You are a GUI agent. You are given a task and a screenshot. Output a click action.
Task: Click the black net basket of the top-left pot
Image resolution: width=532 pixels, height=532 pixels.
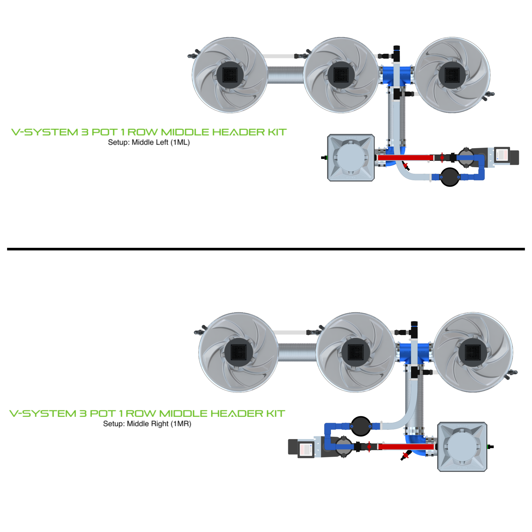(x=230, y=75)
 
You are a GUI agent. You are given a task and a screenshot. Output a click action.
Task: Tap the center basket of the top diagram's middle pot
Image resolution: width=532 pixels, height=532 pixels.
(x=341, y=75)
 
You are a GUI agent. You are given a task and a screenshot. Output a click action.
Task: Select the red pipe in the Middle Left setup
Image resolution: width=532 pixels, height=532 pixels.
(x=405, y=158)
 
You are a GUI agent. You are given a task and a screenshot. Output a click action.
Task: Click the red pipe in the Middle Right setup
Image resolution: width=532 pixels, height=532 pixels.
(x=406, y=447)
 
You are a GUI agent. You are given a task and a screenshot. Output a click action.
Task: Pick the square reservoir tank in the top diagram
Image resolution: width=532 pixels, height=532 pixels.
(x=350, y=158)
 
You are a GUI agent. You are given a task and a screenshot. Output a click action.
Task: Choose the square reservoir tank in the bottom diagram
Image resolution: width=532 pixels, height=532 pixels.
(x=462, y=447)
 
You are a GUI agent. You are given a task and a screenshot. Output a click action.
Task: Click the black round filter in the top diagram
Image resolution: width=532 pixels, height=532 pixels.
(x=450, y=177)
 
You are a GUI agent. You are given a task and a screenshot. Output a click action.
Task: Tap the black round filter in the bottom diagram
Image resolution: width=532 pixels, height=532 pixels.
(x=361, y=426)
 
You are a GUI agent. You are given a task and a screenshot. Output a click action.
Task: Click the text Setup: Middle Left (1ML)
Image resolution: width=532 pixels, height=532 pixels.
(x=149, y=142)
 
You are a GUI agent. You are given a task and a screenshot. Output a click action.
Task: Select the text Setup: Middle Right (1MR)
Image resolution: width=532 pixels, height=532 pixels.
(x=147, y=424)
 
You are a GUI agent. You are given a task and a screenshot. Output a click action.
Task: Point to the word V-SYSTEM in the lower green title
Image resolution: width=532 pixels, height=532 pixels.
(x=43, y=414)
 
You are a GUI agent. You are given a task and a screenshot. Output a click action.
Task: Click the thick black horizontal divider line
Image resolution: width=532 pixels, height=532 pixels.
(x=266, y=249)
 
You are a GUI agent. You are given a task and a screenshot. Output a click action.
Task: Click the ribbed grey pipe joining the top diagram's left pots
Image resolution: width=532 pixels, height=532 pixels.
(x=285, y=75)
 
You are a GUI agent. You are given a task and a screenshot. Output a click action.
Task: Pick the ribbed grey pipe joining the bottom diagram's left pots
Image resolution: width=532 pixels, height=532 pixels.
(x=297, y=353)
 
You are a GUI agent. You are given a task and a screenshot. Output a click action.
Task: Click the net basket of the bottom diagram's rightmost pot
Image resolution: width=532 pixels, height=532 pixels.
(x=473, y=353)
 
